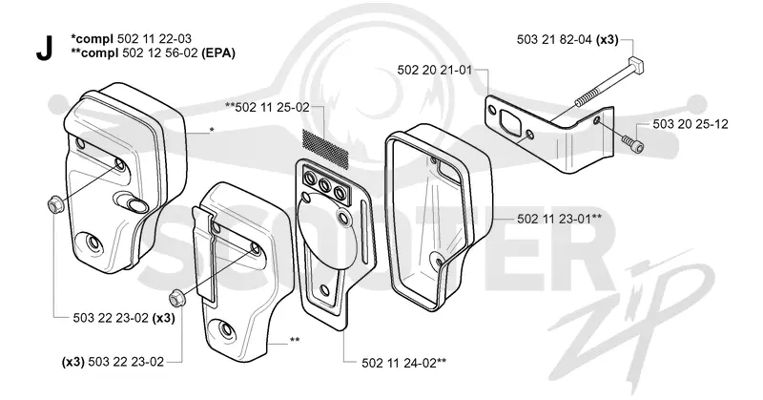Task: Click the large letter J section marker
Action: coord(44,50)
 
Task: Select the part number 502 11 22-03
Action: coord(155,38)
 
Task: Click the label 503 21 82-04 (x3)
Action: coord(567,40)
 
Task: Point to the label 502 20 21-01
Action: coord(435,70)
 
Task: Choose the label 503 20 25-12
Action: coord(691,124)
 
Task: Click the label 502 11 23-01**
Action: coord(560,219)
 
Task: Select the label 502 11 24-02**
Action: coord(404,363)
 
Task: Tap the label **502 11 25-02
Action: coord(267,107)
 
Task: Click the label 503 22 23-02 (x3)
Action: coord(124,318)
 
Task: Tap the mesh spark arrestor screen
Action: coord(325,146)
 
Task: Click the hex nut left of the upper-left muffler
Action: coord(54,205)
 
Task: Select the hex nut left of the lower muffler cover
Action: coord(175,298)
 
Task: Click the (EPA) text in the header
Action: coord(218,53)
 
